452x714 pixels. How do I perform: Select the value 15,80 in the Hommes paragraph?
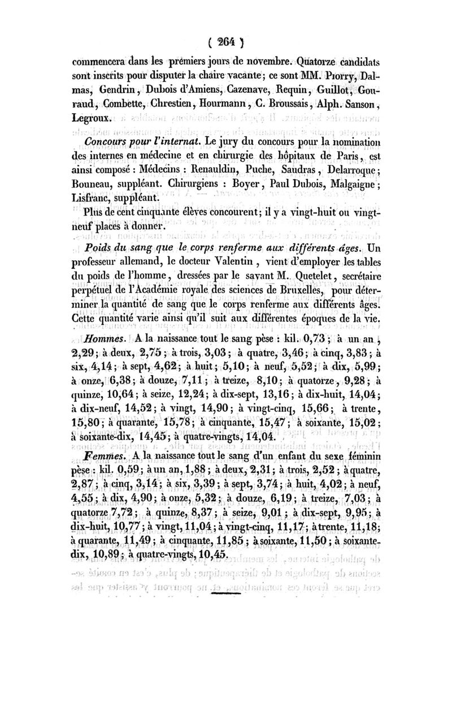click(x=86, y=408)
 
